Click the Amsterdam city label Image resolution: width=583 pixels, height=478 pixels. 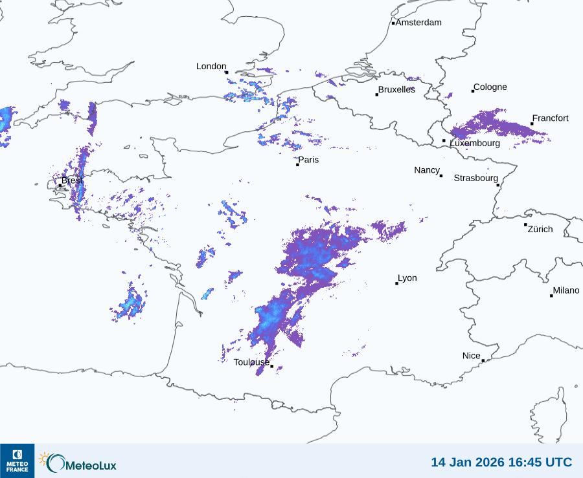point(418,23)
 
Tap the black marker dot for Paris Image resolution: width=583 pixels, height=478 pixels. point(297,164)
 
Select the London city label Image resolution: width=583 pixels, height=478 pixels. point(211,67)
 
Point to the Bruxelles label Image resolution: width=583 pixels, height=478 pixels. point(396,90)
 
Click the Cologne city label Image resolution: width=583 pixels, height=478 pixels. point(490,87)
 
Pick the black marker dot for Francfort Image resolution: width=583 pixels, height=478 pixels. point(532,124)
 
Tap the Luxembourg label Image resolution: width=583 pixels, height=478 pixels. point(475,143)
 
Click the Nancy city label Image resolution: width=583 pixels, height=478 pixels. point(427,170)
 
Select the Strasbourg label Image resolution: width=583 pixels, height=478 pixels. point(475,178)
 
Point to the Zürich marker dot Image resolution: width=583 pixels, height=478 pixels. point(525,224)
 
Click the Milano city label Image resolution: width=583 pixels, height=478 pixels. point(566,290)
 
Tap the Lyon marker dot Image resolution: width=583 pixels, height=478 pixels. point(396,283)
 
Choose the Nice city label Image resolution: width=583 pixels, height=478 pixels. point(472,356)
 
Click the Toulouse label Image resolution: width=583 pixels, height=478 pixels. point(251,362)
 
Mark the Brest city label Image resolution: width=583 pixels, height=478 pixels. point(72,180)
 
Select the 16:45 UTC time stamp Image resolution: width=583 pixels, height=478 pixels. point(536,462)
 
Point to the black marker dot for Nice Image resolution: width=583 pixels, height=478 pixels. point(483,360)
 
